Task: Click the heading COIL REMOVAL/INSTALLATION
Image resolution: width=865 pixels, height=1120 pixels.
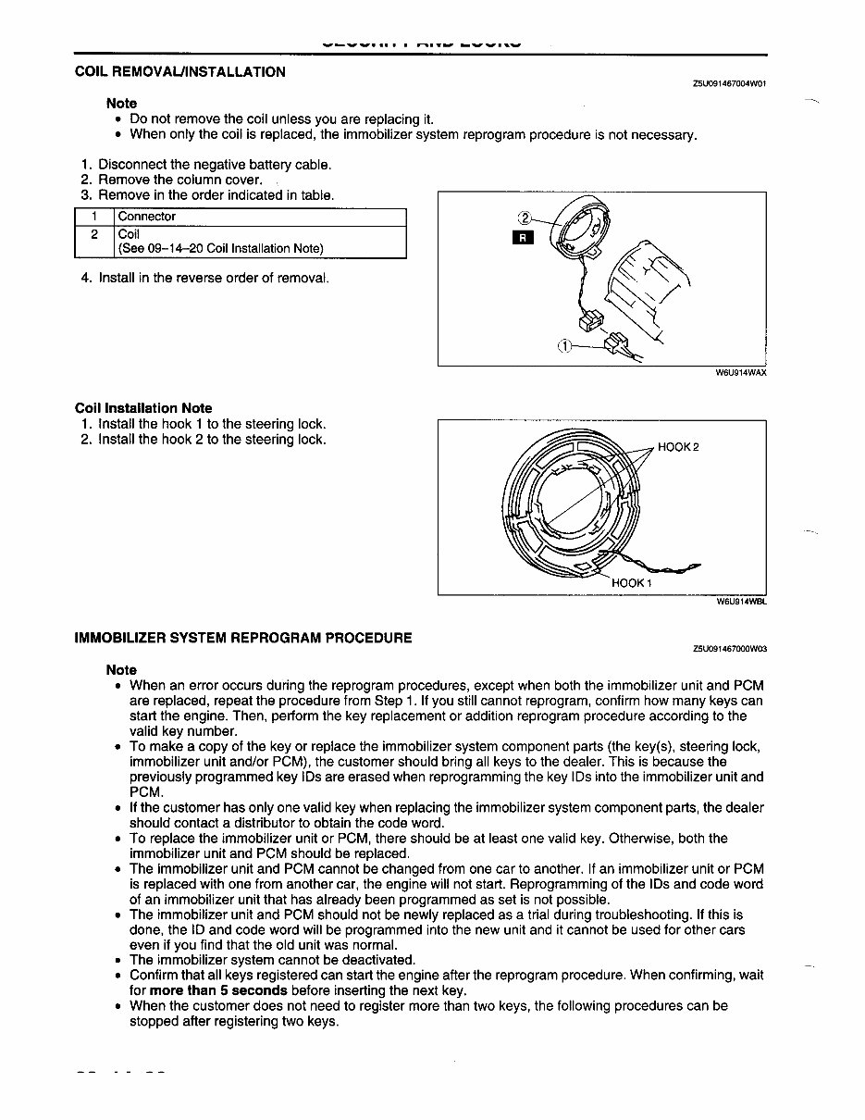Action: tap(180, 71)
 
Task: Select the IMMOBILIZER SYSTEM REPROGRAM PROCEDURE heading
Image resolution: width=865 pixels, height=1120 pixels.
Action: tap(243, 638)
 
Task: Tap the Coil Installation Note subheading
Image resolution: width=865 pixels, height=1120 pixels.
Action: tap(143, 407)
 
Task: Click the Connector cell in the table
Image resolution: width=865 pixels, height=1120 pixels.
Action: tap(147, 217)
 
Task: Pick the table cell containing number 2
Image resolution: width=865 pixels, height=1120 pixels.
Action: tap(93, 234)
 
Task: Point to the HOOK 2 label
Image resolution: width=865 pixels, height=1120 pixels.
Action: tap(678, 447)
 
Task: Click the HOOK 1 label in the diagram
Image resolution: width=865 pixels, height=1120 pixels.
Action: tap(632, 583)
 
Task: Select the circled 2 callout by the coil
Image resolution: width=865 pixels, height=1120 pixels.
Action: tap(524, 218)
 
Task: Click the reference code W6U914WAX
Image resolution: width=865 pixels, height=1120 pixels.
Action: tap(741, 373)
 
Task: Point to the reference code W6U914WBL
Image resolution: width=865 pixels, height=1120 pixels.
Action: tap(742, 601)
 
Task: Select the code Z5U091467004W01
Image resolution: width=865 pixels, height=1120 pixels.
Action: tap(729, 82)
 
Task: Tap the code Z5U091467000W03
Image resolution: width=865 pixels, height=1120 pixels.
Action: tap(729, 649)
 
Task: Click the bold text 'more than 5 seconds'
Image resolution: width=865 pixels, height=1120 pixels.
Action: tap(214, 989)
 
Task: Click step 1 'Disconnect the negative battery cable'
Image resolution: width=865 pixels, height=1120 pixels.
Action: tap(215, 165)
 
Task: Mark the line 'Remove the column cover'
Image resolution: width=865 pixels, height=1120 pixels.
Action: tap(179, 180)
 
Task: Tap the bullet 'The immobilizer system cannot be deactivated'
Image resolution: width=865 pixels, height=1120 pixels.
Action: tap(272, 960)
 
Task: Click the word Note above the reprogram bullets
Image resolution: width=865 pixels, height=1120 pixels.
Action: tap(121, 669)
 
